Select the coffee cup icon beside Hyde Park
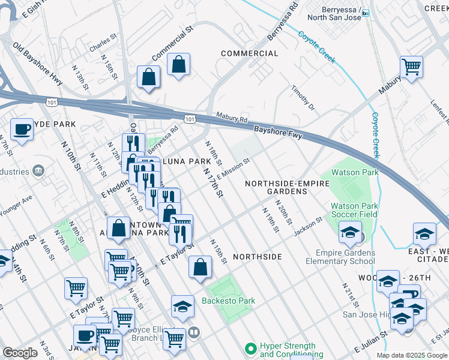(x=22, y=129)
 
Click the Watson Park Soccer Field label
(x=354, y=209)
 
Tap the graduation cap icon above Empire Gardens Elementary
(x=350, y=232)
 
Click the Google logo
(x=20, y=353)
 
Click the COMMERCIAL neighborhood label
(x=249, y=53)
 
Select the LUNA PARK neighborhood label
(x=187, y=161)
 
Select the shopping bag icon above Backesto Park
(x=200, y=268)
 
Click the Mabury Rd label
(x=232, y=119)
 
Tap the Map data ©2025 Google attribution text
(x=411, y=355)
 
